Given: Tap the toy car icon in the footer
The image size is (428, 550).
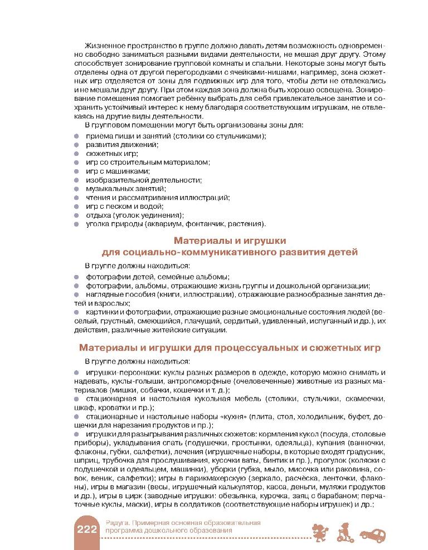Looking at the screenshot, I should pos(373,535).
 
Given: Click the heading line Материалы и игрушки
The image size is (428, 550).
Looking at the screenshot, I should pos(230,241).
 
